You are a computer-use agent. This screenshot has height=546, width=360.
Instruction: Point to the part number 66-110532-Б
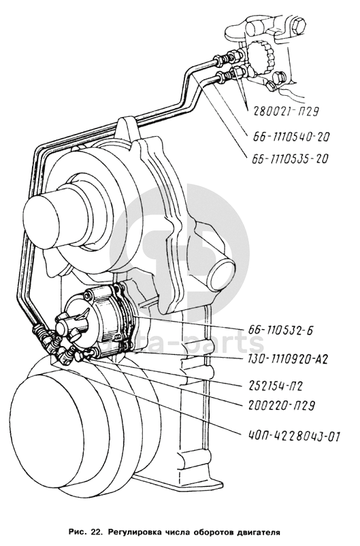point(280,330)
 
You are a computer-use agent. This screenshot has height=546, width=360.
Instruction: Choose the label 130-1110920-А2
point(288,359)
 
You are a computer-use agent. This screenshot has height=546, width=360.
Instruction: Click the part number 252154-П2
point(276,386)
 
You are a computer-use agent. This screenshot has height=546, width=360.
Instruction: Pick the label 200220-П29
point(282,406)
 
